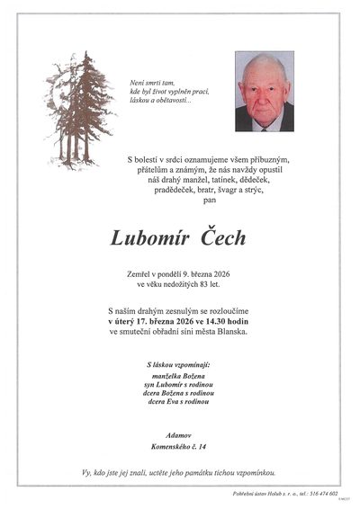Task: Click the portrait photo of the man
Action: (264, 92)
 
